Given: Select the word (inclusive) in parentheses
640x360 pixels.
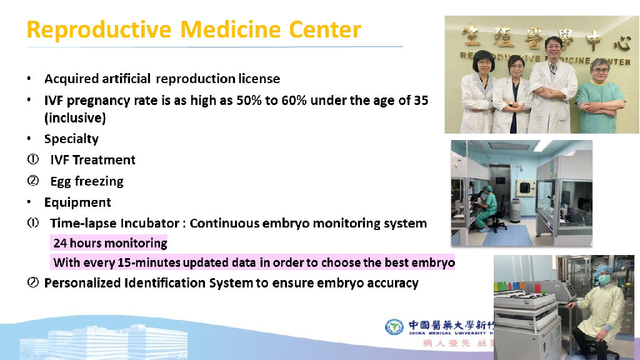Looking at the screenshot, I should click(75, 117).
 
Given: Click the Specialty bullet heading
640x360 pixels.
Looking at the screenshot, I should click(71, 139).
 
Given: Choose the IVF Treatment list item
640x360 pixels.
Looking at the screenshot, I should click(92, 160).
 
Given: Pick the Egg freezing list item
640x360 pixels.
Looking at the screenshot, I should click(87, 181).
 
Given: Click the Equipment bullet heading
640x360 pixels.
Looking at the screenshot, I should click(77, 202).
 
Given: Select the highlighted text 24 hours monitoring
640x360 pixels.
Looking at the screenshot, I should click(110, 242).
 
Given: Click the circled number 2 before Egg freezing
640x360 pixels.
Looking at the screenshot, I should click(32, 181).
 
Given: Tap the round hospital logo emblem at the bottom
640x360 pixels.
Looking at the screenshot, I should click(394, 327).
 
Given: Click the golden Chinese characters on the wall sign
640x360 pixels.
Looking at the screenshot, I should click(537, 37).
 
